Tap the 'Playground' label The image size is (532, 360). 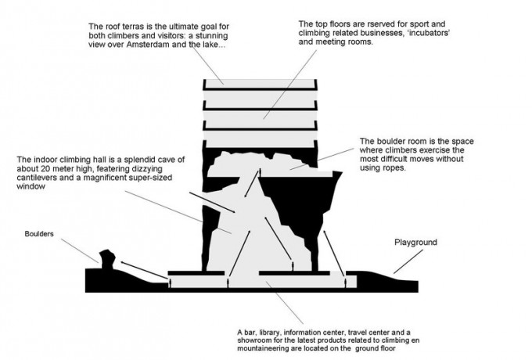tap(414, 243)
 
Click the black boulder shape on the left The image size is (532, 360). tap(107, 257)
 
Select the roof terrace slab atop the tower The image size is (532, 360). tap(260, 82)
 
